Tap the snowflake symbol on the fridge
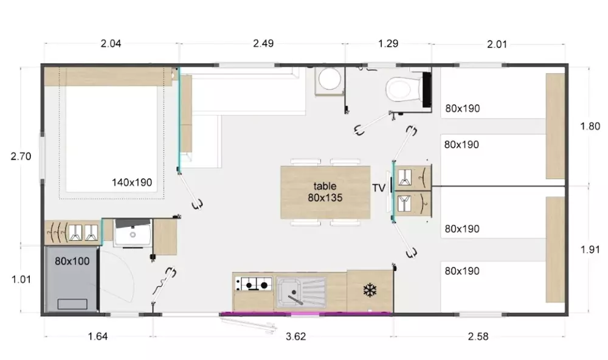pyautogui.click(x=370, y=290)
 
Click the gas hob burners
pyautogui.click(x=254, y=285)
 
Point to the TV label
pyautogui.click(x=379, y=188)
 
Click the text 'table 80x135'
pyautogui.click(x=325, y=192)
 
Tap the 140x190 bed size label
pyautogui.click(x=132, y=182)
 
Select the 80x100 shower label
pyautogui.click(x=72, y=261)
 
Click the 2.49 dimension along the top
pyautogui.click(x=263, y=43)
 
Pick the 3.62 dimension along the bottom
pyautogui.click(x=296, y=336)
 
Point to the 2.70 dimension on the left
pyautogui.click(x=21, y=156)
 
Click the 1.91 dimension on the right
pyautogui.click(x=590, y=249)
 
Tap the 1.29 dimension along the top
pyautogui.click(x=388, y=43)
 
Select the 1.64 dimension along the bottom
pyautogui.click(x=98, y=336)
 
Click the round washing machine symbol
pyautogui.click(x=330, y=80)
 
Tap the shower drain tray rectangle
pyautogui.click(x=72, y=304)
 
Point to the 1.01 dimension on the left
pyautogui.click(x=21, y=279)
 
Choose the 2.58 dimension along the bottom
pyautogui.click(x=478, y=336)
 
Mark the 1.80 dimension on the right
pyautogui.click(x=590, y=126)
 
